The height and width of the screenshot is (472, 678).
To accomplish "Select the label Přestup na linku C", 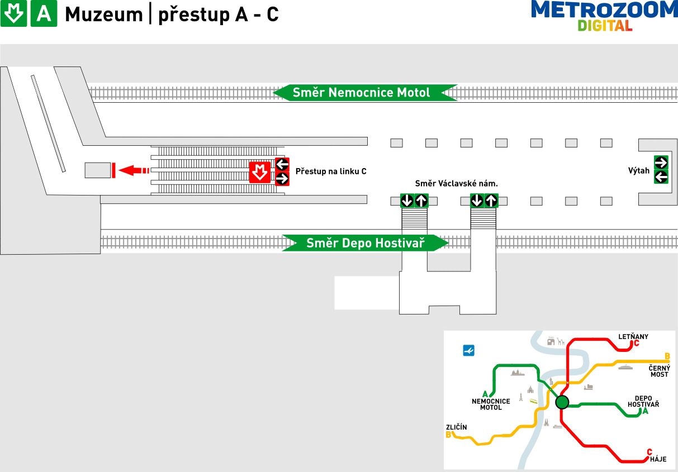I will click(x=331, y=171).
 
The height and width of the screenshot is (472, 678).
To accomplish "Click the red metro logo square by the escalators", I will click(x=259, y=172).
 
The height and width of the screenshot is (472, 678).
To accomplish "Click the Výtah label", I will click(x=639, y=171).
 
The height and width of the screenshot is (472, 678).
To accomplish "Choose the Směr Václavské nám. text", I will click(x=456, y=184).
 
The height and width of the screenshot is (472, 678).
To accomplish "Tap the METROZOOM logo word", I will click(x=604, y=11).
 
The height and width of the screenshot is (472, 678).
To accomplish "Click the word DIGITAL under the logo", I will click(x=605, y=26).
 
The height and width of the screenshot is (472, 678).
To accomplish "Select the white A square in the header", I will click(x=44, y=14).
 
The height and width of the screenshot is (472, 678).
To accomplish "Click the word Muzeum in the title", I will click(x=104, y=15).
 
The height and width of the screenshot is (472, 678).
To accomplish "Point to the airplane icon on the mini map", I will click(x=469, y=350).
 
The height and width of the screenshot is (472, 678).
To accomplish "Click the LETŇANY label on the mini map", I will click(x=633, y=337).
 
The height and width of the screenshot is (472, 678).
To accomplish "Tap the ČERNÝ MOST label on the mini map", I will click(x=659, y=371).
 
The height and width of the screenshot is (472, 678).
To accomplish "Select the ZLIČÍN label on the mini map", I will click(x=456, y=427).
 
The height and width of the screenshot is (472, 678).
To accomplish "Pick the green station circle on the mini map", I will click(x=562, y=402).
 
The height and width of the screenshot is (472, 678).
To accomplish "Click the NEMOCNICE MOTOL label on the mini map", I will click(x=491, y=404).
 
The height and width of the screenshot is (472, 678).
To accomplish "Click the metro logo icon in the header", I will click(x=13, y=14).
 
